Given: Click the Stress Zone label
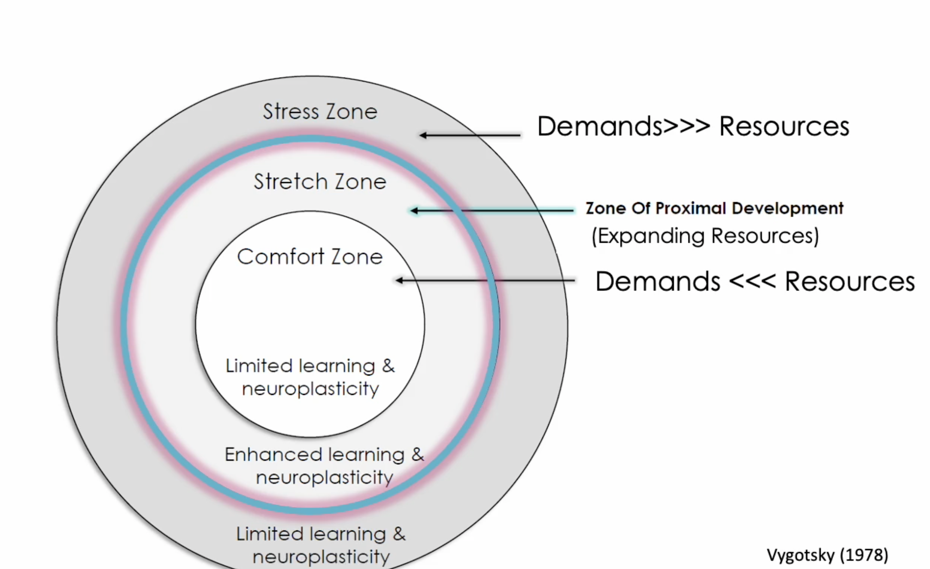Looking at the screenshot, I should click(x=320, y=111).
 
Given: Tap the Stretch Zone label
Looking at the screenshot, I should click(x=320, y=182).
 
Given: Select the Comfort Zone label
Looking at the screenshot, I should click(x=310, y=257).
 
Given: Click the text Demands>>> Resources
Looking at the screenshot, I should click(x=693, y=126).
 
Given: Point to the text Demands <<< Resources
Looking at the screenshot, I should click(x=755, y=282).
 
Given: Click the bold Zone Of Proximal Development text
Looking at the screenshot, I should click(x=714, y=208).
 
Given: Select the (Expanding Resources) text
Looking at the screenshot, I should click(x=705, y=236).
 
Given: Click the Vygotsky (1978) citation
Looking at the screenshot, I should click(x=827, y=555).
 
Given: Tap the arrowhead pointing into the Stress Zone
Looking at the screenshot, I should click(x=423, y=135).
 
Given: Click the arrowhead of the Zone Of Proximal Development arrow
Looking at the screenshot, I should click(x=414, y=211).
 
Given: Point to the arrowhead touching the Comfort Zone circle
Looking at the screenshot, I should click(x=399, y=281).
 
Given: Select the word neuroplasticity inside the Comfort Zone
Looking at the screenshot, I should click(x=310, y=389).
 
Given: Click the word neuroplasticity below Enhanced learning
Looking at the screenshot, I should click(x=324, y=477).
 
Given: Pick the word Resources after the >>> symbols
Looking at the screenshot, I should click(x=784, y=126).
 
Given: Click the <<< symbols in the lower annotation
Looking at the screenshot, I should click(x=752, y=282).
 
